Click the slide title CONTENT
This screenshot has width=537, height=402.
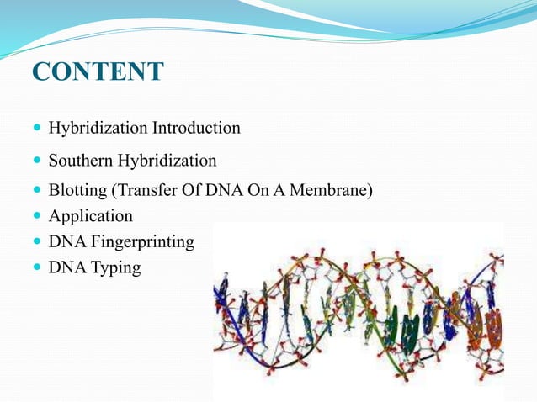97,72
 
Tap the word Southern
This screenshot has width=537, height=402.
81,161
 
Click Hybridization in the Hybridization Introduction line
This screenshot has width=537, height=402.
98,129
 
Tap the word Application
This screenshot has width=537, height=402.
90,216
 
